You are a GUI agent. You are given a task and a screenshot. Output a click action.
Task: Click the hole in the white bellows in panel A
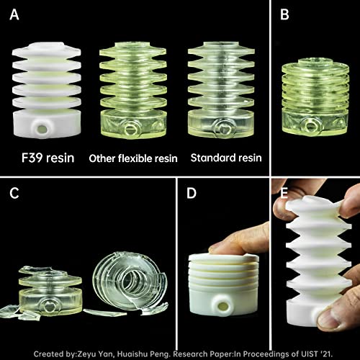[x=42, y=128]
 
